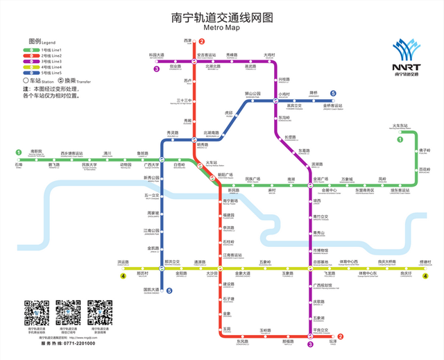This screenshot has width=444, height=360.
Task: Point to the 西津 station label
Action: point(187,40)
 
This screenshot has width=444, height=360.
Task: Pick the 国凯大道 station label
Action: point(152,289)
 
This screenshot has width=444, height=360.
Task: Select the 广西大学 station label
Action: point(152,165)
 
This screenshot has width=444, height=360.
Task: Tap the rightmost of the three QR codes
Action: point(99,314)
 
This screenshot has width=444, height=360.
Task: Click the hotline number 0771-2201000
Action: point(76,344)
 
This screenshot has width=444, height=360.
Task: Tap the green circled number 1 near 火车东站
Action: point(400,140)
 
